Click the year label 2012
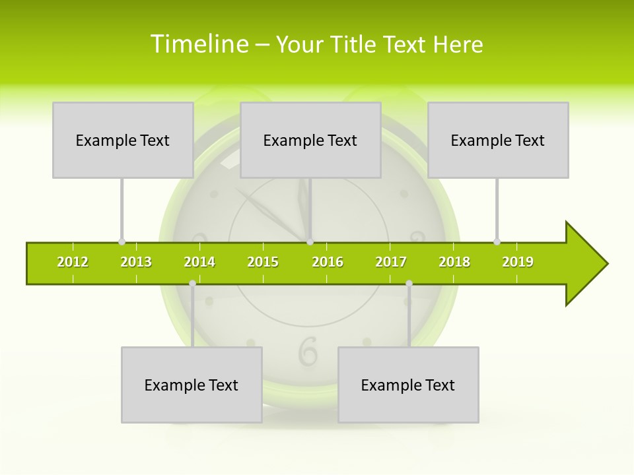click(x=73, y=262)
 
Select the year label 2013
click(x=136, y=262)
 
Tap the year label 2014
click(x=199, y=262)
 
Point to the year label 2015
click(x=263, y=262)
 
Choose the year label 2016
click(x=328, y=262)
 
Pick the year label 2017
click(x=391, y=262)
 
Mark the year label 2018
click(x=454, y=262)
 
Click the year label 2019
click(x=518, y=262)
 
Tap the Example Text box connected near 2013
click(x=123, y=140)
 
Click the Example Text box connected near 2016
click(x=310, y=140)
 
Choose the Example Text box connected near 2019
click(x=498, y=140)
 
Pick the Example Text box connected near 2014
click(x=192, y=385)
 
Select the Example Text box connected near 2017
click(x=408, y=385)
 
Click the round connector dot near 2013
click(x=122, y=241)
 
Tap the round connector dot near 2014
click(x=192, y=283)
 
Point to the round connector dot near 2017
click(x=409, y=283)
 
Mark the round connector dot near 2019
click(x=497, y=241)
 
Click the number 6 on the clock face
click(x=308, y=351)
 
